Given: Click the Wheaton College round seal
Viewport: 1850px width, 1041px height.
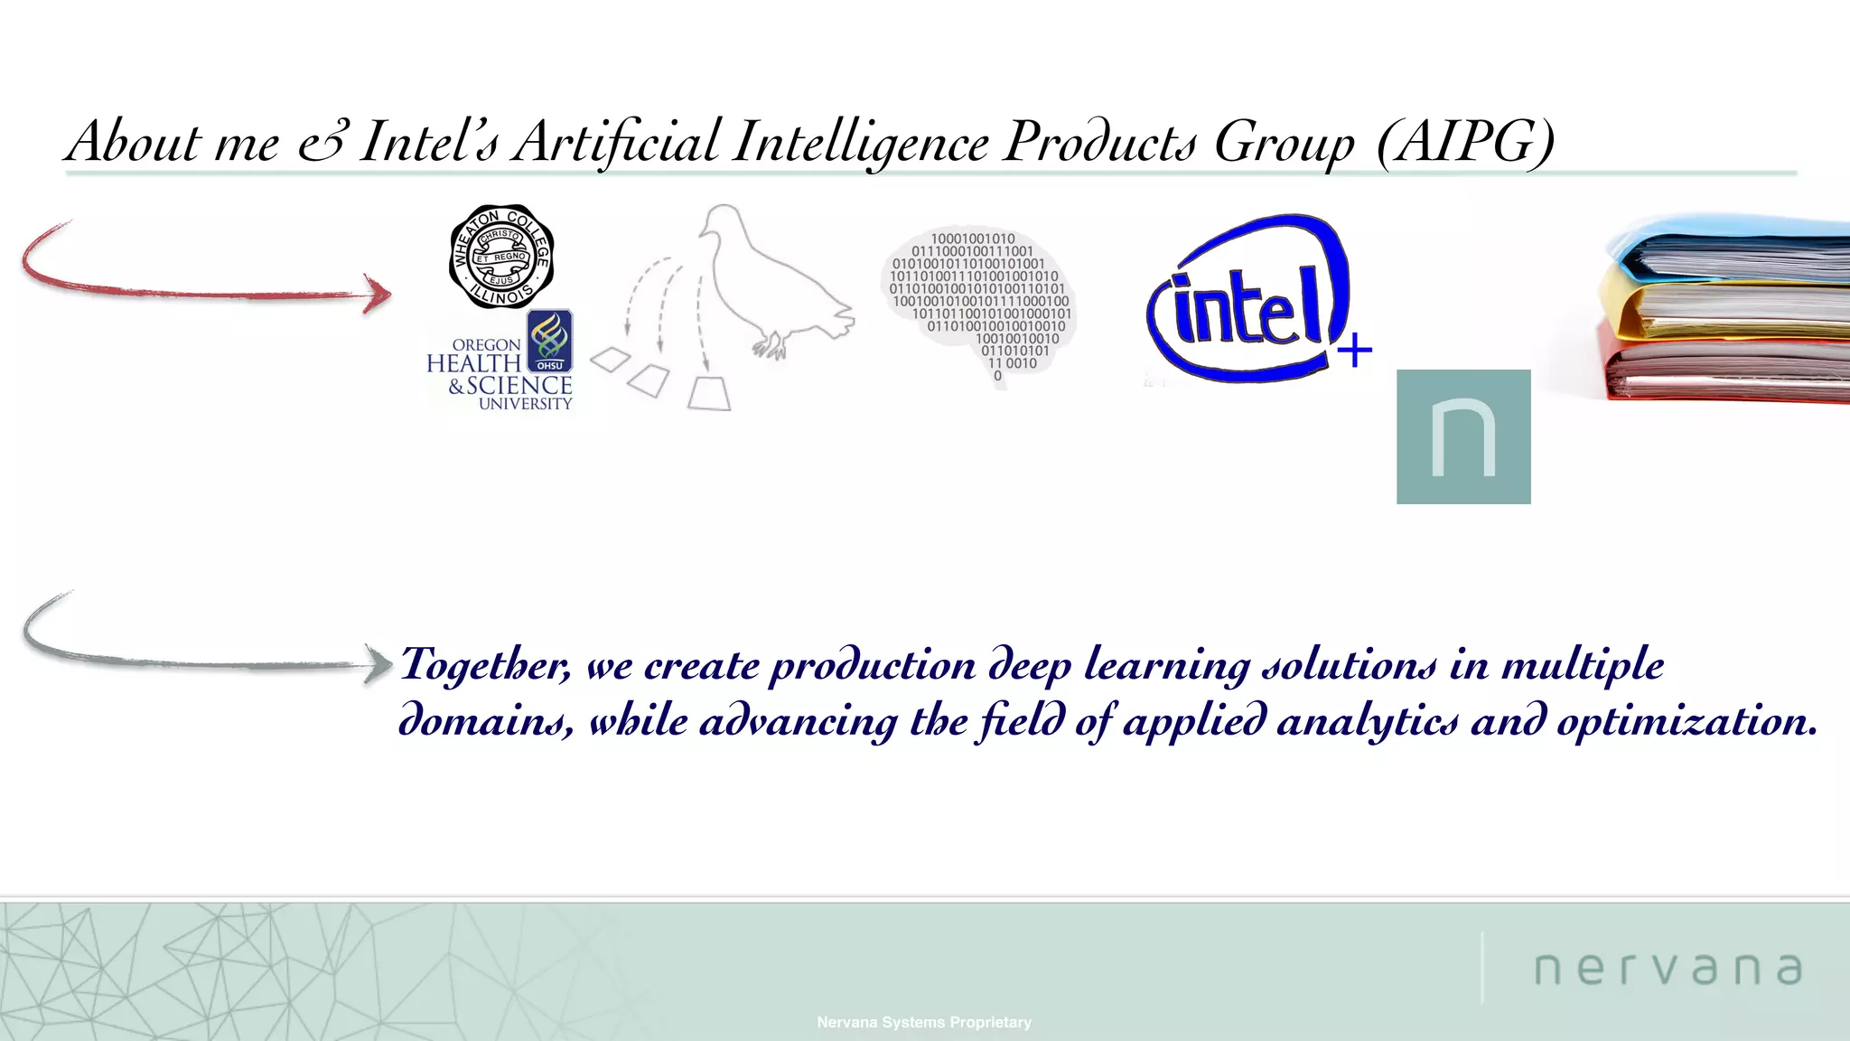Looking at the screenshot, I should click(501, 257).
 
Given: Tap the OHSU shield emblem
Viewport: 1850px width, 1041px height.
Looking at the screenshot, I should click(549, 341).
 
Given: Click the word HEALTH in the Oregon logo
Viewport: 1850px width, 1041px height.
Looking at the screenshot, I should click(473, 363).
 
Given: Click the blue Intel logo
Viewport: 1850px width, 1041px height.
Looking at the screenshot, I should click(1247, 298).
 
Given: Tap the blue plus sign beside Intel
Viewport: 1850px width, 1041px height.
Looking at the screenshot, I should click(1354, 350).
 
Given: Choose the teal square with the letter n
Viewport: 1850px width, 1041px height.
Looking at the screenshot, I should click(1463, 436).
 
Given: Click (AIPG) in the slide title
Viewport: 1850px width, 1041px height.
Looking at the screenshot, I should click(1465, 142).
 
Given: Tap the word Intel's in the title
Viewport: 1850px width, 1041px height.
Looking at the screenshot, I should click(428, 142).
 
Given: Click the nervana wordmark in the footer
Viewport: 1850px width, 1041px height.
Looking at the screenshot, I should click(1668, 969).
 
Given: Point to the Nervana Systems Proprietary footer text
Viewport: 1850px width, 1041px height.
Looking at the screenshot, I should click(924, 1022).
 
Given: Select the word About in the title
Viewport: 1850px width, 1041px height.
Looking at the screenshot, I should click(135, 142).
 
